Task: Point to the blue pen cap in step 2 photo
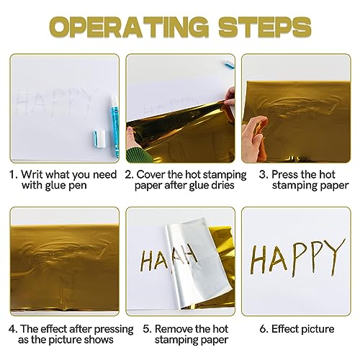[x=228, y=65]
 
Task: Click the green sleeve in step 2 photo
[x=138, y=155]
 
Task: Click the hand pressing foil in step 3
[x=255, y=135]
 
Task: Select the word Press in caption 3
[x=284, y=174]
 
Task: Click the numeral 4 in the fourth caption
[x=12, y=329]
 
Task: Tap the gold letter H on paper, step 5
[x=147, y=259]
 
